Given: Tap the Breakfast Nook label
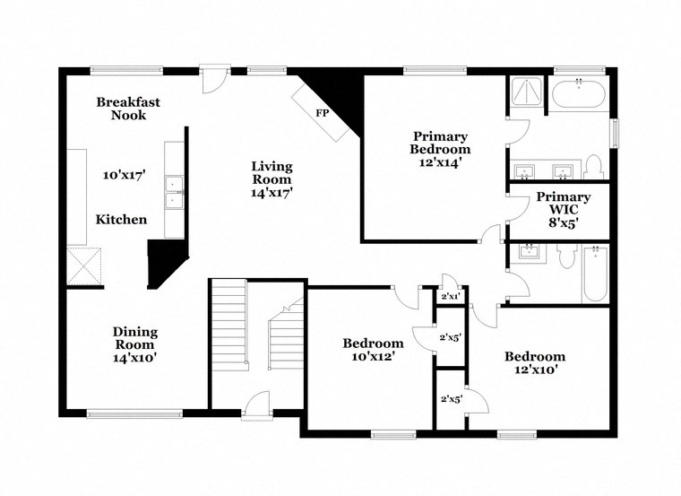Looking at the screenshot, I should [x=128, y=109].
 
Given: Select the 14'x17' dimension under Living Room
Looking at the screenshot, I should [x=272, y=192].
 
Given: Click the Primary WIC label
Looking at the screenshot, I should [x=563, y=204].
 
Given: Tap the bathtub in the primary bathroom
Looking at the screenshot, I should [x=578, y=94].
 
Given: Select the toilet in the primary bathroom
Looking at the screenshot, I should [x=592, y=167].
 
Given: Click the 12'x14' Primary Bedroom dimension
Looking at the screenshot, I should [x=440, y=162].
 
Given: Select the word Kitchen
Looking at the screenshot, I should [x=122, y=220].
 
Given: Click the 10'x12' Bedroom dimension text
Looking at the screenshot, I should [x=372, y=356].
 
